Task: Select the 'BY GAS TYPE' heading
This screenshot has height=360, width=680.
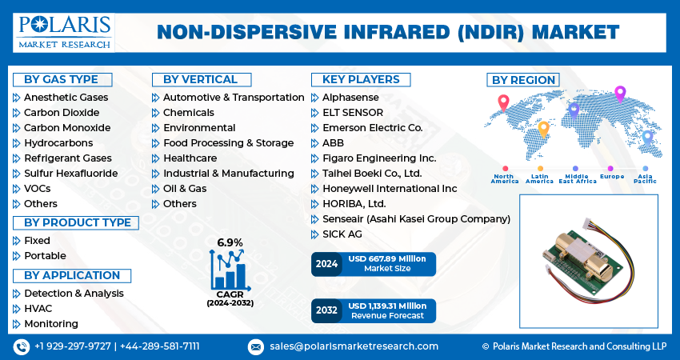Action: click(61, 79)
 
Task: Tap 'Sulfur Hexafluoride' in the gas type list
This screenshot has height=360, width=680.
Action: click(70, 173)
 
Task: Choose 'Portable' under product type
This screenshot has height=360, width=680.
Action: click(45, 255)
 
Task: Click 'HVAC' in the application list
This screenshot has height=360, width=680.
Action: click(38, 309)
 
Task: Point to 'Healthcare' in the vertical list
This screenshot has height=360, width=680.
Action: click(190, 158)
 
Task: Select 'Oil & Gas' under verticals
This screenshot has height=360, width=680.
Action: click(185, 188)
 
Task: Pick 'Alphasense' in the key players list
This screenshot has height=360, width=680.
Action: click(351, 97)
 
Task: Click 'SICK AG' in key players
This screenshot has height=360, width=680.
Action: click(342, 234)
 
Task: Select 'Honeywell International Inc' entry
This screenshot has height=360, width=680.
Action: click(390, 188)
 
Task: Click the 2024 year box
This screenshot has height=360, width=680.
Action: click(326, 264)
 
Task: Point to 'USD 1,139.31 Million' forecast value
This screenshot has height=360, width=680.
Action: click(387, 306)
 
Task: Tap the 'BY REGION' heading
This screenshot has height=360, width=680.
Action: click(523, 79)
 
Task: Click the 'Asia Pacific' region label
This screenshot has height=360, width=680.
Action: click(644, 179)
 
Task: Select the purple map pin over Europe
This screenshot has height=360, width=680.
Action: click(619, 94)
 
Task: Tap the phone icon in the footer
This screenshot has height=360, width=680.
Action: click(22, 346)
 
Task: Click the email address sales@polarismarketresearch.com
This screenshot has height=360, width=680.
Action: click(354, 346)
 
